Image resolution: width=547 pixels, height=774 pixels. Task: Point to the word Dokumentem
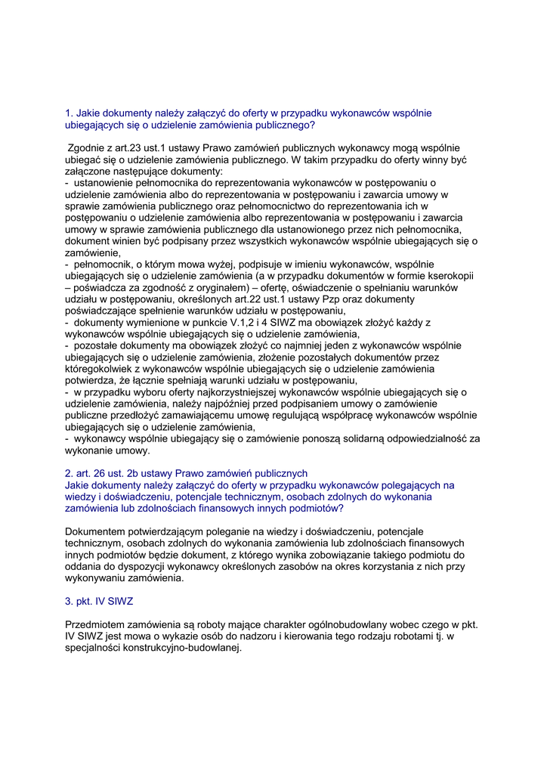coord(97,531)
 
